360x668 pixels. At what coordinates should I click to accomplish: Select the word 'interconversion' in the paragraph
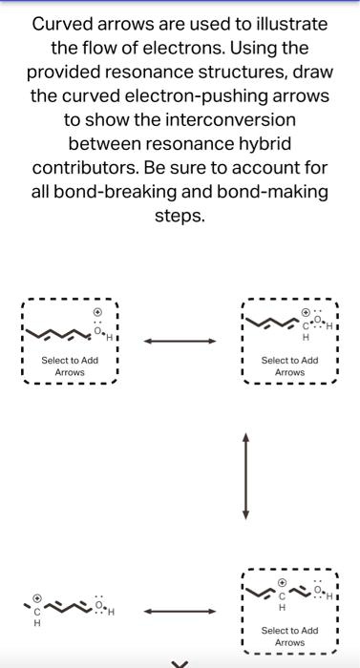[x=222, y=120]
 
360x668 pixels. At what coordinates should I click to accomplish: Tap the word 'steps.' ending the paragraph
[x=180, y=216]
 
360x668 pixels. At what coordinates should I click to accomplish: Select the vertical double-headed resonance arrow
[x=246, y=475]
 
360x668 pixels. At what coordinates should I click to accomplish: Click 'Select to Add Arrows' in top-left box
[x=70, y=365]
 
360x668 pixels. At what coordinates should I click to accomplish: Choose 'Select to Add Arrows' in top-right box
[x=289, y=365]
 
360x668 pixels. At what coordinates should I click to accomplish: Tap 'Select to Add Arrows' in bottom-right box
[x=289, y=637]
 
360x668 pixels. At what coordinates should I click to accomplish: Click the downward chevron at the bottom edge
[x=180, y=662]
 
